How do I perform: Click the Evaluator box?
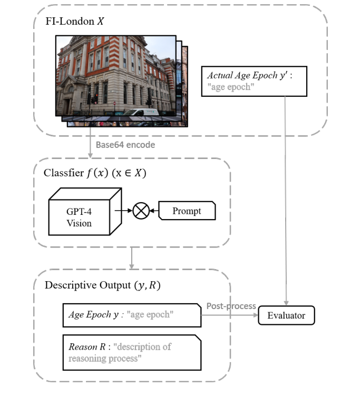(x=286, y=316)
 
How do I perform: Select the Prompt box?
(x=187, y=211)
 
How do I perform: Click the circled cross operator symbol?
(x=141, y=211)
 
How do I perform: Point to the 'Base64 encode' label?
(x=125, y=144)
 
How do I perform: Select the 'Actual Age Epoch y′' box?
(x=254, y=81)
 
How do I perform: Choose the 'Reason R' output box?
(x=132, y=352)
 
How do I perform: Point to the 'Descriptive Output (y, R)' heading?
(x=103, y=285)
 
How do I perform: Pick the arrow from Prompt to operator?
(x=154, y=211)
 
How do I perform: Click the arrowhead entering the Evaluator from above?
(x=286, y=303)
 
